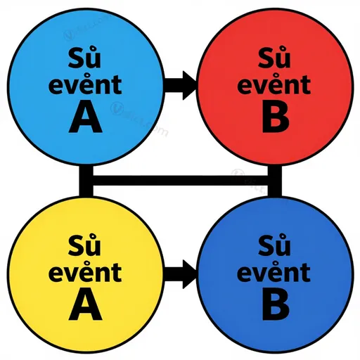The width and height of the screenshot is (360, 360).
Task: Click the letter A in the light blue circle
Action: (86, 120)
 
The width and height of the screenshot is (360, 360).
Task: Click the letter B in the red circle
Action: (275, 120)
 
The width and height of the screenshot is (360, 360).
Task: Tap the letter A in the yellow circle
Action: (86, 307)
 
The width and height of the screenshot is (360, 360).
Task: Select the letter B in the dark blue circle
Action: (276, 307)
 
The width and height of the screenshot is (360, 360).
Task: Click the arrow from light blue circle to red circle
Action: (180, 85)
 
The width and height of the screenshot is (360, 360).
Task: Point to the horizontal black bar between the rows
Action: (180, 181)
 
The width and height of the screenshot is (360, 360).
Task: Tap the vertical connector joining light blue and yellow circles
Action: (86, 181)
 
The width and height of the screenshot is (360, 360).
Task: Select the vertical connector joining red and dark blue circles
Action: (275, 181)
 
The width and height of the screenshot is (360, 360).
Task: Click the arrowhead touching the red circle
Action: (189, 85)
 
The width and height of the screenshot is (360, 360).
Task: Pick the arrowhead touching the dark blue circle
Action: (189, 274)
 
